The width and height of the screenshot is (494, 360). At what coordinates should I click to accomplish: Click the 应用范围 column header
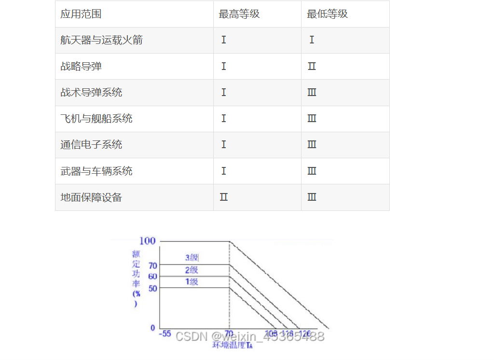[x=81, y=14]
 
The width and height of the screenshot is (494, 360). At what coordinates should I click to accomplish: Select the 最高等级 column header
[x=239, y=14]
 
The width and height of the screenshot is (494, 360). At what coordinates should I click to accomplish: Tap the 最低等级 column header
[x=327, y=14]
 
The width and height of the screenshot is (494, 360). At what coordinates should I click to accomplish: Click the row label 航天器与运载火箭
[x=101, y=40]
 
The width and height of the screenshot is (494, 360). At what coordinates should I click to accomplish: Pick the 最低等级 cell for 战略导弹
[x=312, y=66]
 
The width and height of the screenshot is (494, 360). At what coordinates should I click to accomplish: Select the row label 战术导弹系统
[x=91, y=92]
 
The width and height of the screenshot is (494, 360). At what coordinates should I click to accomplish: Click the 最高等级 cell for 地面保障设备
[x=223, y=197]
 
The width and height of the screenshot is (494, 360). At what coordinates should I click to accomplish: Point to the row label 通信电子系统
[x=91, y=145]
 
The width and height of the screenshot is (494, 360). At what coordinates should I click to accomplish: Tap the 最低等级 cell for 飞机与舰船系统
[x=312, y=119]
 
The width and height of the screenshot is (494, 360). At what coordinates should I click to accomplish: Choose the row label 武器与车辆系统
[x=96, y=171]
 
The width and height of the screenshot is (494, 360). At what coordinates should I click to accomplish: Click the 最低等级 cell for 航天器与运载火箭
[x=312, y=40]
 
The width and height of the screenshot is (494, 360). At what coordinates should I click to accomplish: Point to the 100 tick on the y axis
[x=148, y=241]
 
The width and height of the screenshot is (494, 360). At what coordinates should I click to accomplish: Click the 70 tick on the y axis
[x=152, y=265]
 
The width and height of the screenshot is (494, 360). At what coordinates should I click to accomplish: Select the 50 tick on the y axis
[x=152, y=288]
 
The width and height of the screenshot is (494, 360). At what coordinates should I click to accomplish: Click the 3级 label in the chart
[x=192, y=258]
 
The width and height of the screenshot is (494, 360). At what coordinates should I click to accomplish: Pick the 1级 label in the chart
[x=192, y=282]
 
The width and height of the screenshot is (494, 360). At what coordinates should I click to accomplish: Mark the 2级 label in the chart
[x=192, y=270]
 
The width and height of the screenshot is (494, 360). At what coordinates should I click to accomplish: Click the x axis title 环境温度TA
[x=233, y=345]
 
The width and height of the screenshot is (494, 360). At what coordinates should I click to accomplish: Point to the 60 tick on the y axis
[x=152, y=277]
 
